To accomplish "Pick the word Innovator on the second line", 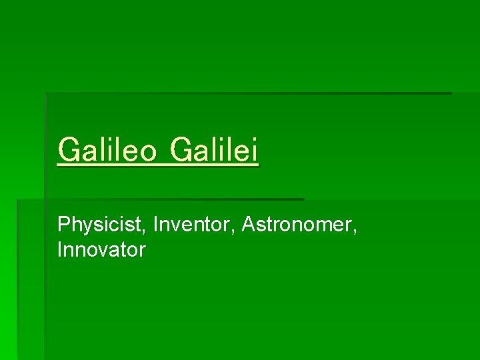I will click(101, 250).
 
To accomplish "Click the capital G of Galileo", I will click(67, 151).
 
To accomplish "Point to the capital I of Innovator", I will click(60, 250).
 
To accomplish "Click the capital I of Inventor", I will click(156, 225).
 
